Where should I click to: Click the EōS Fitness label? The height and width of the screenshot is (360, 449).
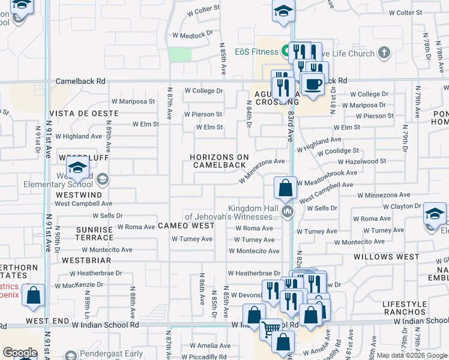[256, 52]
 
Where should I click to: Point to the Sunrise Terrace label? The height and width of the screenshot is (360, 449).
[95, 233]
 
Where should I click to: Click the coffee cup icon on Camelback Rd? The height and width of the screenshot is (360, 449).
[312, 84]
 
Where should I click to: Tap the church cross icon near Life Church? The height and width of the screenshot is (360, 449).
[384, 53]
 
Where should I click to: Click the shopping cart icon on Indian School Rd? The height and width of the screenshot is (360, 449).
[271, 328]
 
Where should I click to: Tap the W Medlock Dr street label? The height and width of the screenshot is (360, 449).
[193, 35]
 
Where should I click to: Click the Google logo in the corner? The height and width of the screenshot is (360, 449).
[20, 353]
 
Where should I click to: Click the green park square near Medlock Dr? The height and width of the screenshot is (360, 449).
[179, 54]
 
